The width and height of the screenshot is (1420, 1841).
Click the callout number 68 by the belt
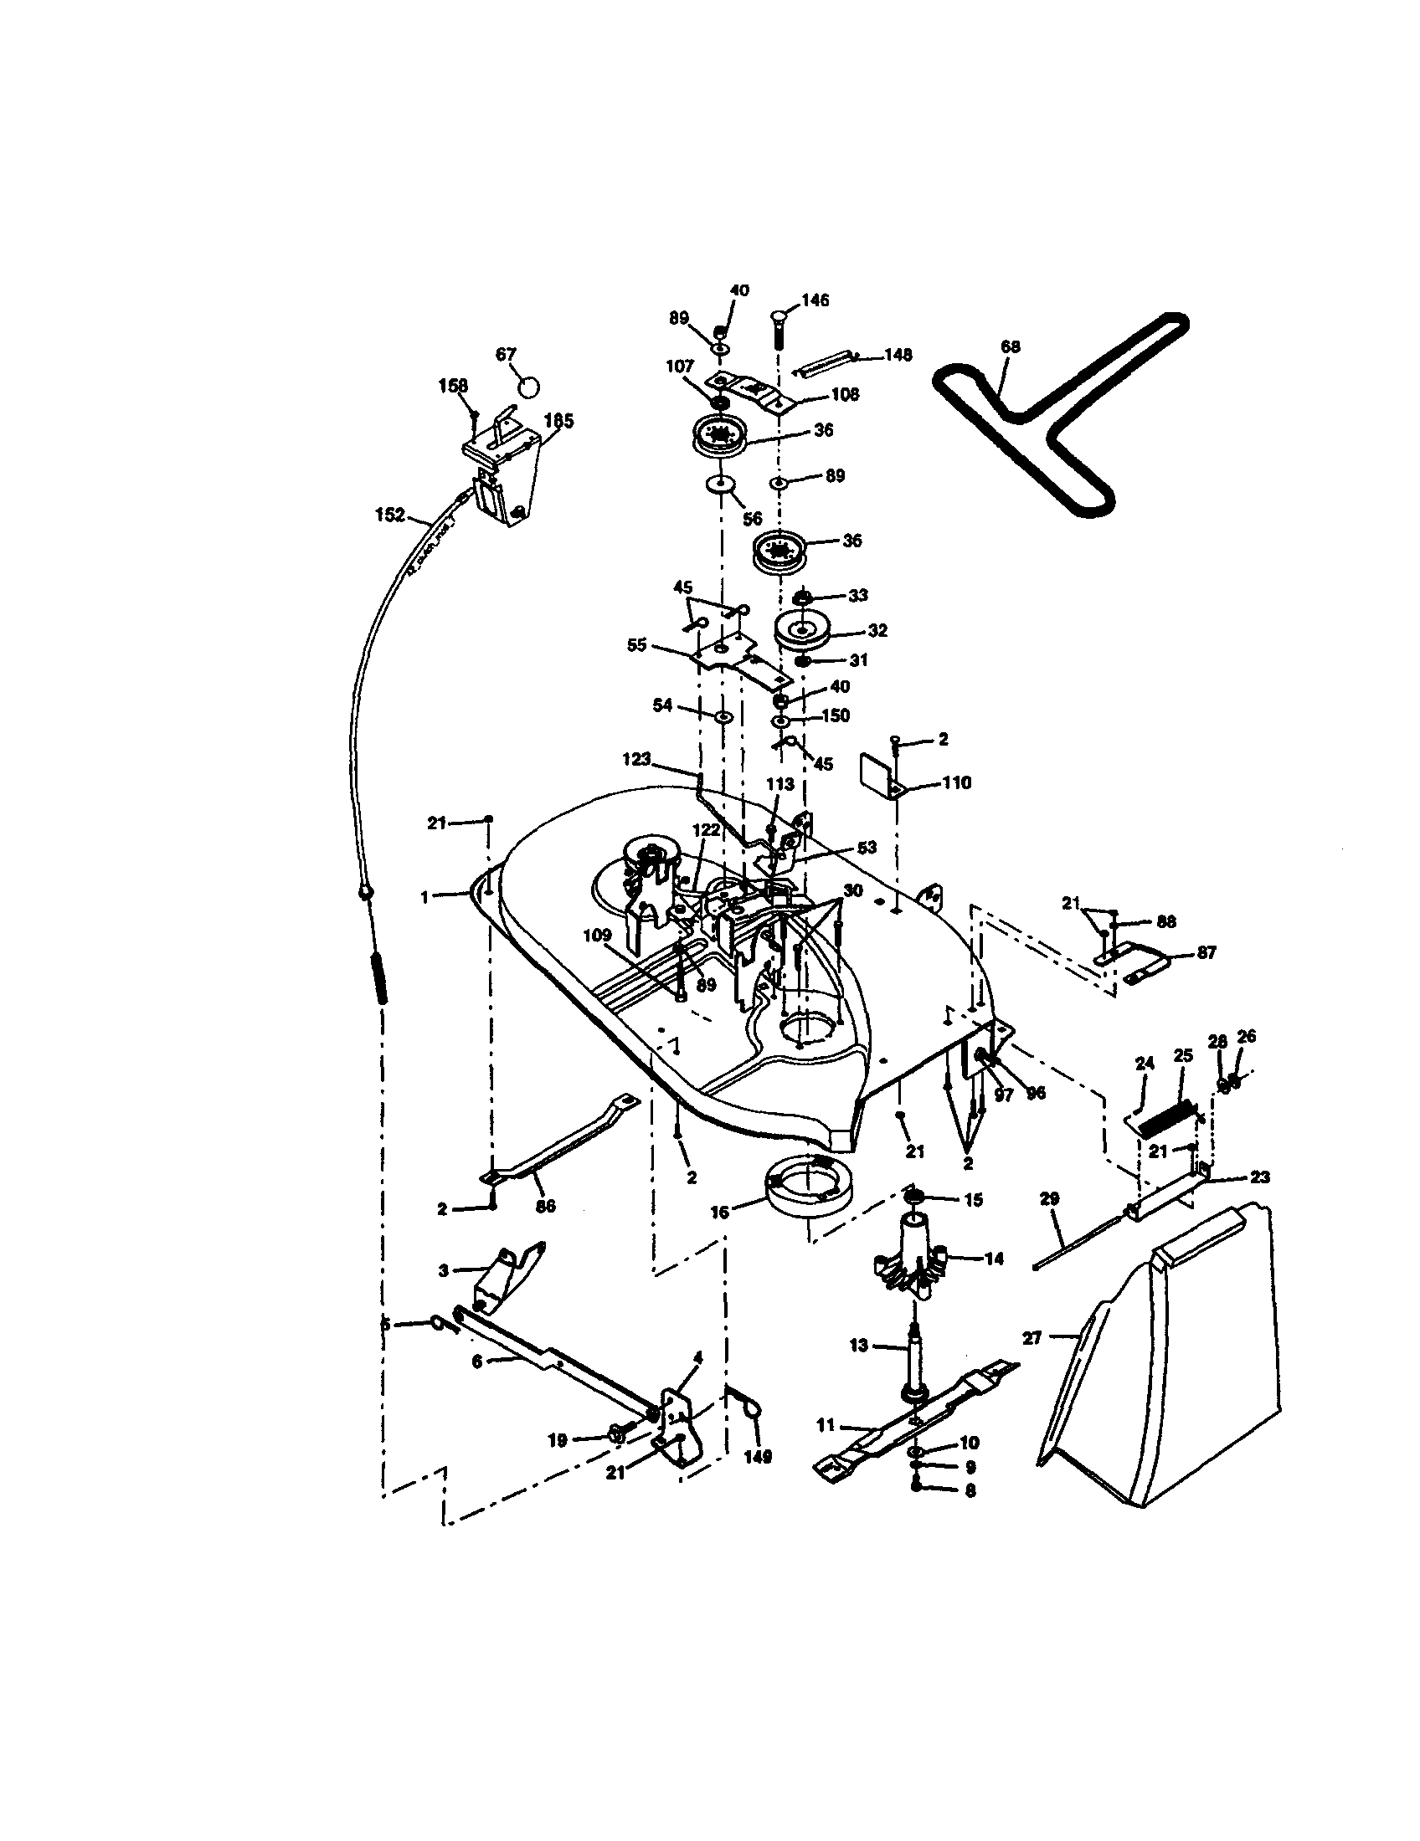click(1011, 346)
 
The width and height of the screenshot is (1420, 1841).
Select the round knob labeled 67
click(528, 387)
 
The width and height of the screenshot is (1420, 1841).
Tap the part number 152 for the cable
click(389, 515)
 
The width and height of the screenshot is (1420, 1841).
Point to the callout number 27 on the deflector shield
click(1032, 1337)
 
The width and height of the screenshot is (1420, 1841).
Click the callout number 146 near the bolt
click(815, 300)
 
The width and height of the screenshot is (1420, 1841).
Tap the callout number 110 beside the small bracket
click(957, 782)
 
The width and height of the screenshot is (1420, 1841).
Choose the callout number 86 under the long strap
click(546, 1205)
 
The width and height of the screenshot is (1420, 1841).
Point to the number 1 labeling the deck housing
click(425, 899)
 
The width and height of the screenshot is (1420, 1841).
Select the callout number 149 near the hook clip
click(758, 1457)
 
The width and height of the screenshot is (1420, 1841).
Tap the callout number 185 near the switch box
click(559, 421)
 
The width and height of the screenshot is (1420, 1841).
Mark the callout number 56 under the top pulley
click(753, 520)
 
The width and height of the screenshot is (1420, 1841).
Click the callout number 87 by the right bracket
click(1206, 952)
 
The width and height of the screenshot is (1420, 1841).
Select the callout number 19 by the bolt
click(558, 1441)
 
